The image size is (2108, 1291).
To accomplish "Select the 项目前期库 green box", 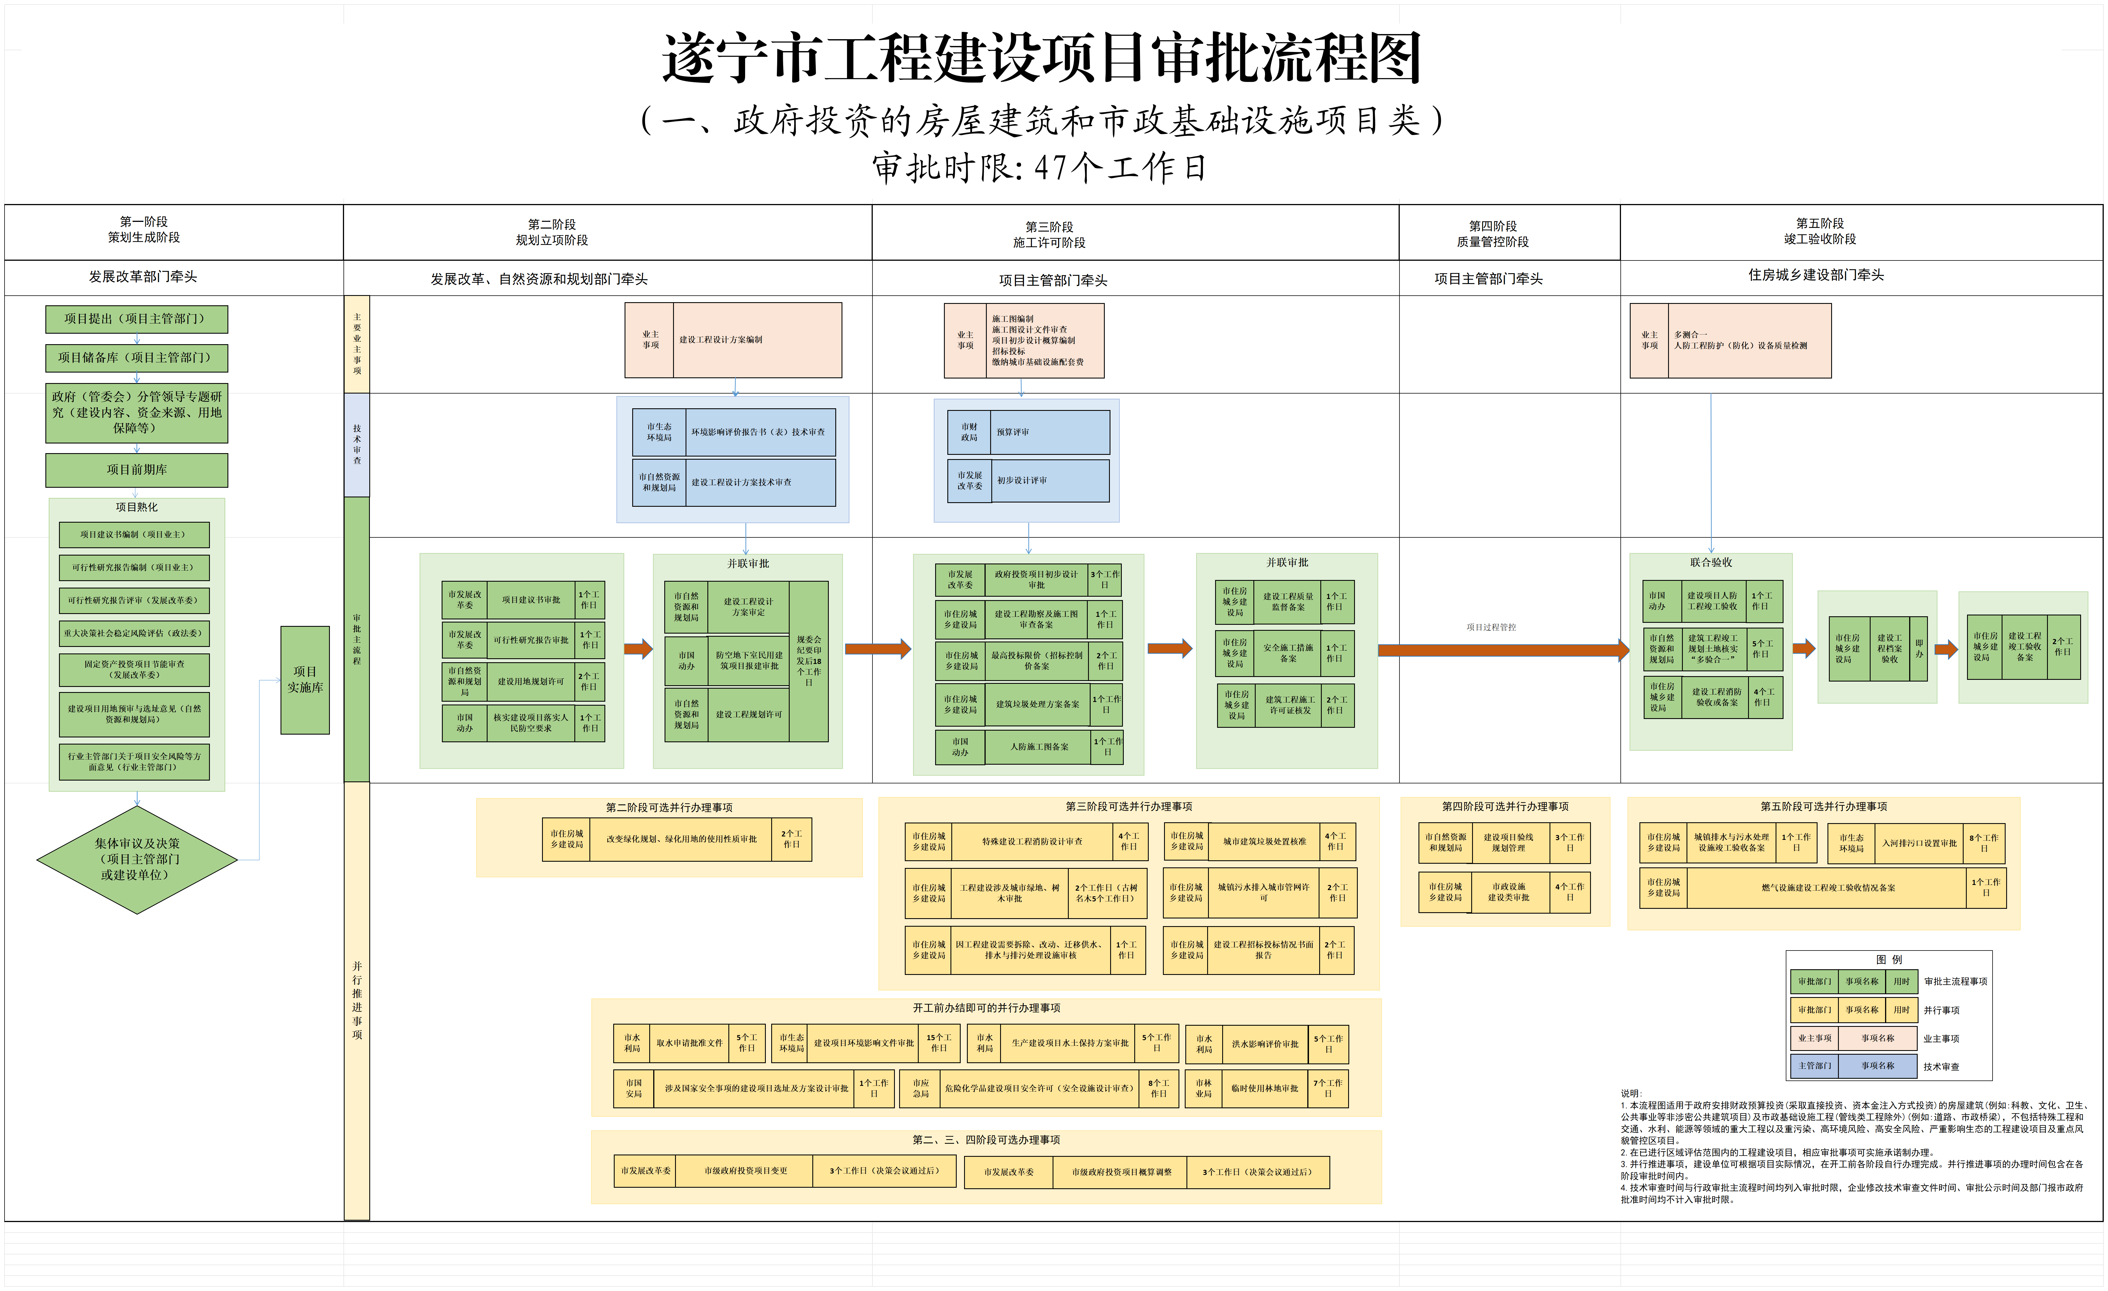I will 137,470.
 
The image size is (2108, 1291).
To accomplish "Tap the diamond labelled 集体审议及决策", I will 137,859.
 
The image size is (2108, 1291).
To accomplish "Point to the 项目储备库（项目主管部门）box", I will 137,358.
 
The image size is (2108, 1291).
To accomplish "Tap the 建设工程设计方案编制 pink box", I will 756,340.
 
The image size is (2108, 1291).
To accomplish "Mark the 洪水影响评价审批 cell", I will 1264,1044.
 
